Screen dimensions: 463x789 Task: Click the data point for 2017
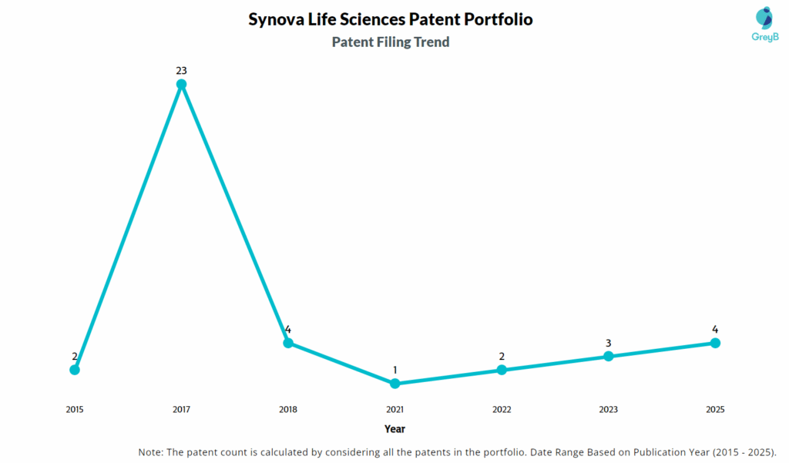coord(181,84)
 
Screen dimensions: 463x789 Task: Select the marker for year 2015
coord(75,370)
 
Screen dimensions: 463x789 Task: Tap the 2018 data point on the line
coord(288,343)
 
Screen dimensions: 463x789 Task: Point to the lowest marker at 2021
coord(394,383)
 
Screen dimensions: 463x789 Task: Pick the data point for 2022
coord(502,370)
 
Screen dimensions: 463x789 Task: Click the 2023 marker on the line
coord(609,356)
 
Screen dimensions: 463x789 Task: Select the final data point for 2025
coord(715,343)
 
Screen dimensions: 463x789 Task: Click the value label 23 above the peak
coord(181,71)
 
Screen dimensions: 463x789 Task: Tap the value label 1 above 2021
coord(394,370)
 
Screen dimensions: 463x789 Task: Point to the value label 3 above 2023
coord(609,343)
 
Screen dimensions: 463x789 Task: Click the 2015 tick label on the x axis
coord(75,410)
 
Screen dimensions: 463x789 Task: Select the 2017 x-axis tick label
coord(181,410)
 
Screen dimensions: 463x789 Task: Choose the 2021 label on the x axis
coord(394,410)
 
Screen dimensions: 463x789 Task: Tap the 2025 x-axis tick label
coord(715,410)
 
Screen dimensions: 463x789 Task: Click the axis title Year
coord(394,429)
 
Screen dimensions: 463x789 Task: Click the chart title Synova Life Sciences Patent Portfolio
coord(390,19)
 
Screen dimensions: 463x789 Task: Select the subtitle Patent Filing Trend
coord(390,42)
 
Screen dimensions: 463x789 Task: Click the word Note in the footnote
coord(151,451)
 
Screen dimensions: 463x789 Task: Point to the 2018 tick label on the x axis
coord(288,410)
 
